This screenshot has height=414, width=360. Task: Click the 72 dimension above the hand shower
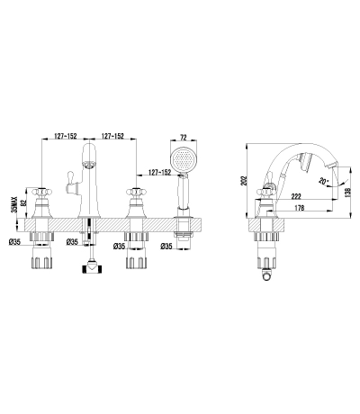(x=184, y=138)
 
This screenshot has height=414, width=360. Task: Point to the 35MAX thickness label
(x=13, y=205)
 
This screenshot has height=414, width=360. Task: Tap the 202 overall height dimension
(x=245, y=180)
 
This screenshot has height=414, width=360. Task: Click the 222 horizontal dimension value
(x=296, y=196)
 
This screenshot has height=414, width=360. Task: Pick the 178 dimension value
(x=299, y=207)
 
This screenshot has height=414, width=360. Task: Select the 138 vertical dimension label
(x=347, y=192)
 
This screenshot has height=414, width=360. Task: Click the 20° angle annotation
(x=323, y=181)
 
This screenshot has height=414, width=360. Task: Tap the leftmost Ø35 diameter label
(x=14, y=242)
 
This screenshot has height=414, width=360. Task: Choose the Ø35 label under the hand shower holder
(x=166, y=247)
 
